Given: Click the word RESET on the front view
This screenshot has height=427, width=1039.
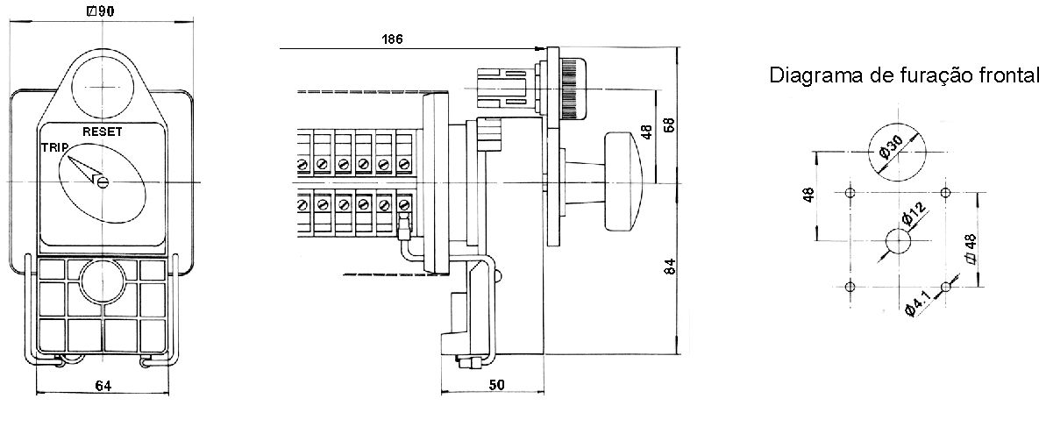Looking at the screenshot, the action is point(102,132).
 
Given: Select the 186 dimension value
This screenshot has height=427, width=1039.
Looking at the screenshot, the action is point(392,39).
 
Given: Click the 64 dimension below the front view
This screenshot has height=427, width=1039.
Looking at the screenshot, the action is point(103,386).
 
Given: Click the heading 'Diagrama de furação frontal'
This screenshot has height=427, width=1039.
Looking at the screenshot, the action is point(903,75).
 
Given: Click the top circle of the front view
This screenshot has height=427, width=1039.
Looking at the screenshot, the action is point(102,87).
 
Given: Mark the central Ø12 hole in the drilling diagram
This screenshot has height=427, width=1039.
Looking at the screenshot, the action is point(898,240).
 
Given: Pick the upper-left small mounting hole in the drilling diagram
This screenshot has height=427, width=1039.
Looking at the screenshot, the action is point(851,193).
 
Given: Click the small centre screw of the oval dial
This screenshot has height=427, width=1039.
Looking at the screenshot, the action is point(102,182).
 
